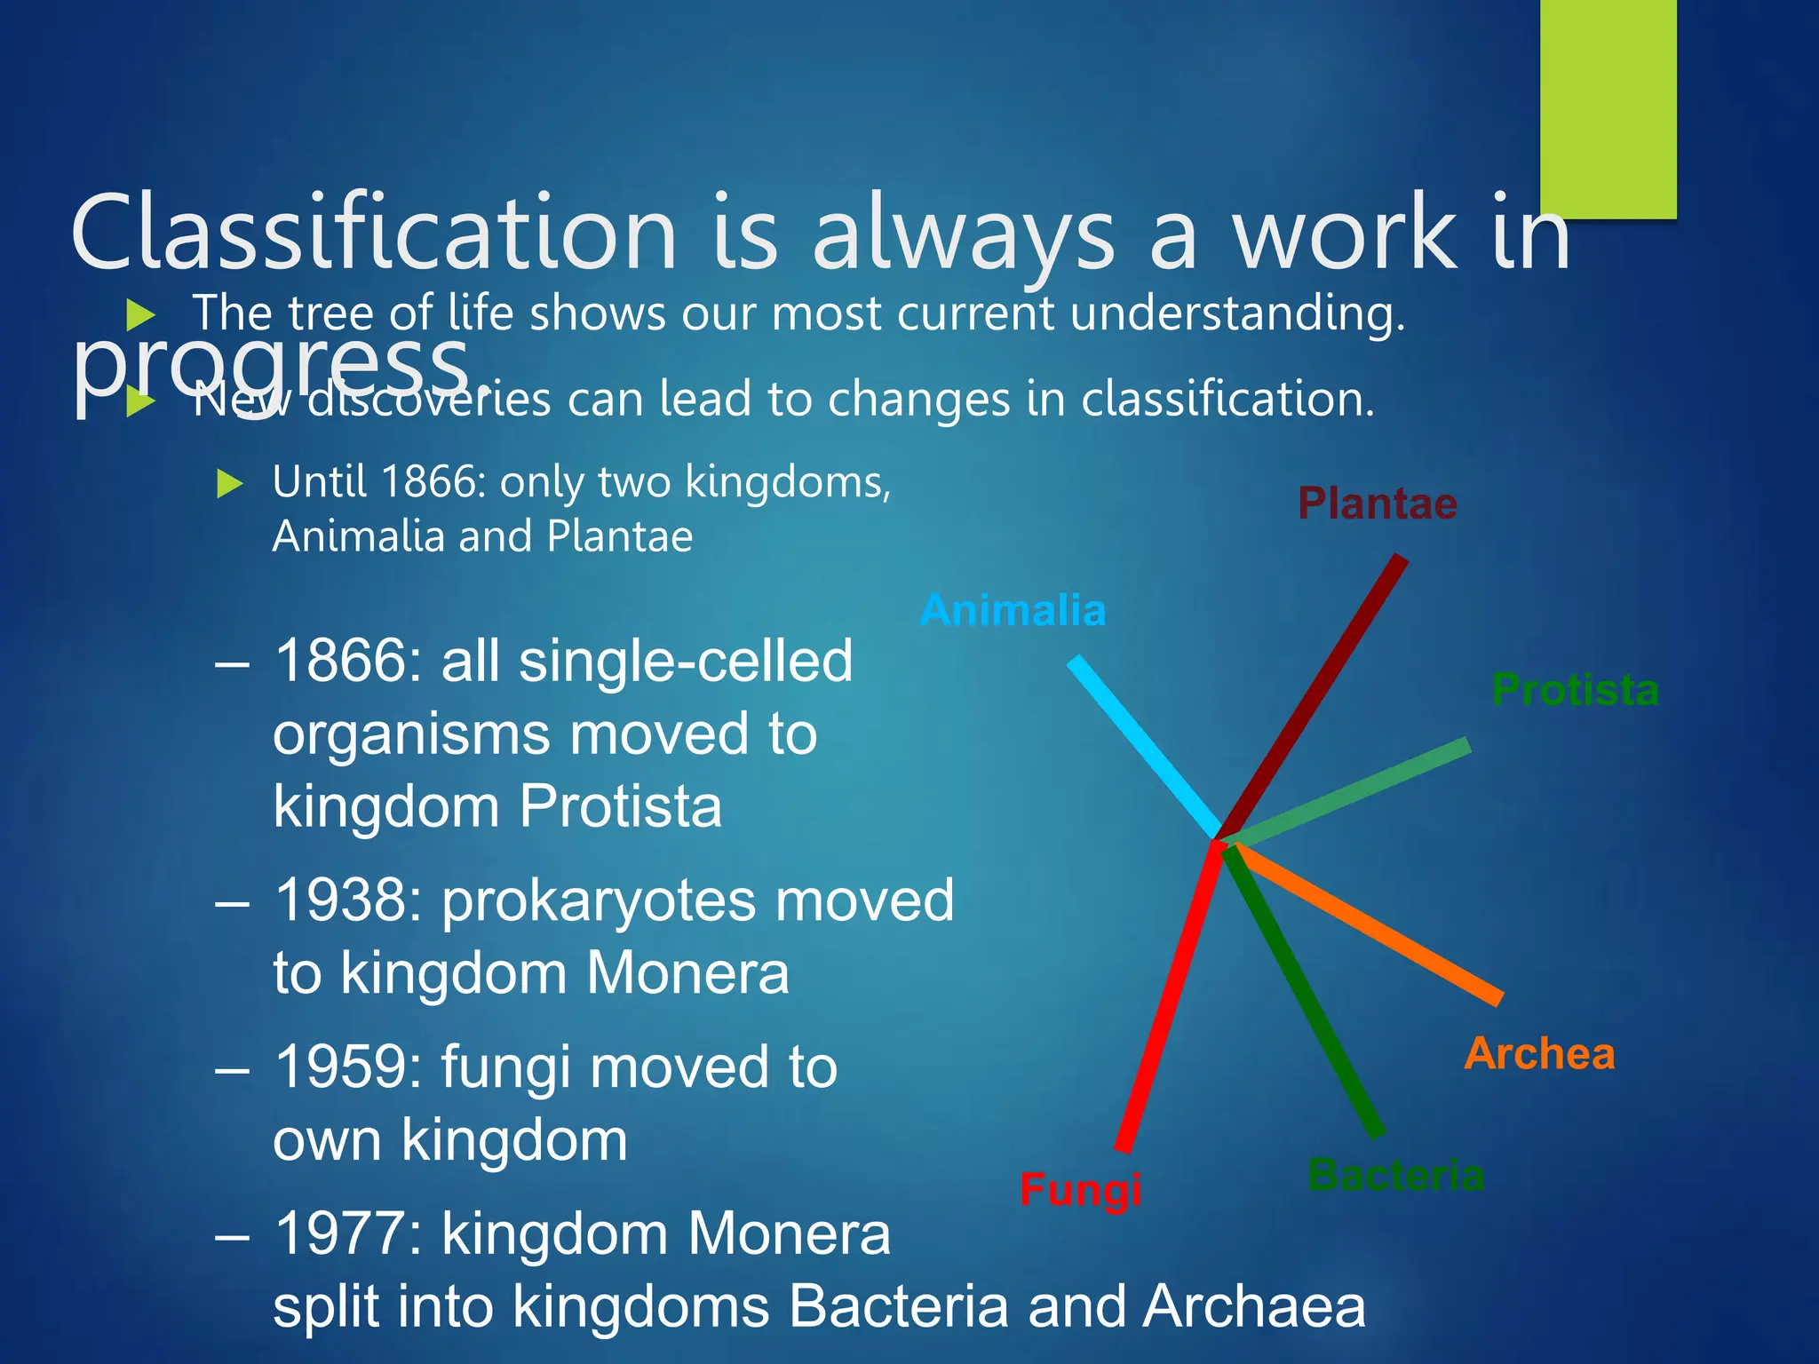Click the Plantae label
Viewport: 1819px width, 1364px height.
coord(1377,504)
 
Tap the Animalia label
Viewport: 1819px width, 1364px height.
coord(1013,611)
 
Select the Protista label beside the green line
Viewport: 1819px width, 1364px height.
coord(1575,690)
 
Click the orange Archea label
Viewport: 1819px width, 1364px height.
coord(1539,1054)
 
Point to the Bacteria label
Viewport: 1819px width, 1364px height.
coord(1395,1175)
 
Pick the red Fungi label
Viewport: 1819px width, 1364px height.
coord(1080,1189)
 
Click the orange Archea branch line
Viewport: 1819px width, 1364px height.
coord(1368,924)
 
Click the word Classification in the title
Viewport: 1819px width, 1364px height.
coord(373,233)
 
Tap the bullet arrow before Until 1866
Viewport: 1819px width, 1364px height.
coord(230,484)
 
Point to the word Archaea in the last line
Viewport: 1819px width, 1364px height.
coord(1254,1306)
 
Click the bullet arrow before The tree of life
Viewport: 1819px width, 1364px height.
coord(141,314)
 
